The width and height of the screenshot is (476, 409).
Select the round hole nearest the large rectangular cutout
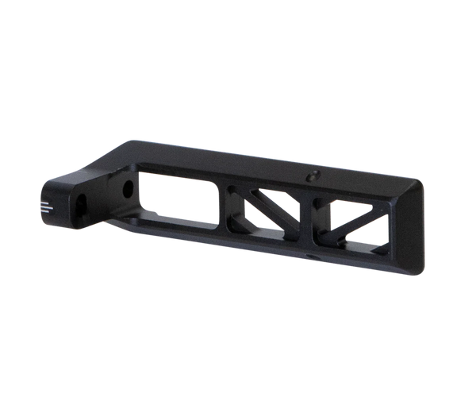(x=128, y=191)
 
